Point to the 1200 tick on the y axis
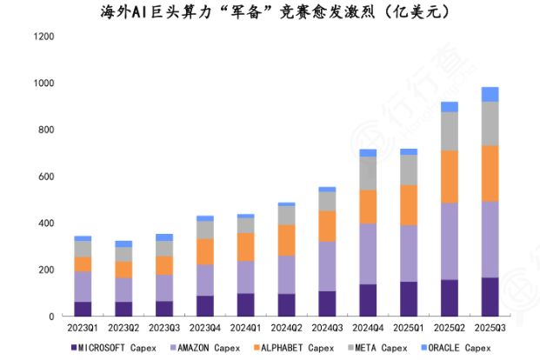click(43, 37)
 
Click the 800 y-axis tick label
click(46, 130)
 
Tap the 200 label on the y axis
click(46, 270)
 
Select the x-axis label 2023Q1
click(83, 328)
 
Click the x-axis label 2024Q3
click(327, 328)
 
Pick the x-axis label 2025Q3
click(490, 328)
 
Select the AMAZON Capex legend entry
click(205, 348)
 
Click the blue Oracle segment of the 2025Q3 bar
click(490, 94)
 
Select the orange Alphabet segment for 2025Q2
click(450, 177)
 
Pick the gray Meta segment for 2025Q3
click(490, 123)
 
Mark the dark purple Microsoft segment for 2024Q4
click(368, 300)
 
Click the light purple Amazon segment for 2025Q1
click(409, 253)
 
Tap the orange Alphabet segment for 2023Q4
click(205, 251)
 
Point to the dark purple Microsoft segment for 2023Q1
click(83, 309)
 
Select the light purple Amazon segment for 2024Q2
click(286, 275)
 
